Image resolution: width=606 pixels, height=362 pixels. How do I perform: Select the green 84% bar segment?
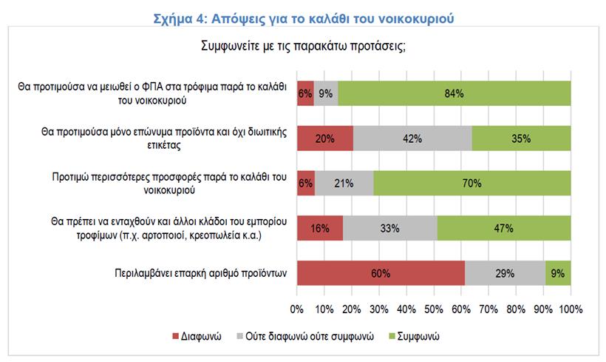click(454, 93)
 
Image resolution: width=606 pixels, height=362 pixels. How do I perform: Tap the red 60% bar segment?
click(381, 274)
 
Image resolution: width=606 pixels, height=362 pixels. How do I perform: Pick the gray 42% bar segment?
click(412, 138)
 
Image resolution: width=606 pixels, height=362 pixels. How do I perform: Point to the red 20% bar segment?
click(324, 138)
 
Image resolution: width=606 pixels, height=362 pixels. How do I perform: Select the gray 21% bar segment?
click(344, 184)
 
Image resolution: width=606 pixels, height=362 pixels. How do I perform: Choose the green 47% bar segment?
click(504, 229)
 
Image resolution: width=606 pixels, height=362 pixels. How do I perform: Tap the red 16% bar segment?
click(319, 229)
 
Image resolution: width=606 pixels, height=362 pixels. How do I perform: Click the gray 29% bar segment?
click(505, 274)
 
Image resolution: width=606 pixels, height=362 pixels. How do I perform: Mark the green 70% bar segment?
click(472, 184)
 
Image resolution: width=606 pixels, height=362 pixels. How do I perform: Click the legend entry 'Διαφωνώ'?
click(199, 335)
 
